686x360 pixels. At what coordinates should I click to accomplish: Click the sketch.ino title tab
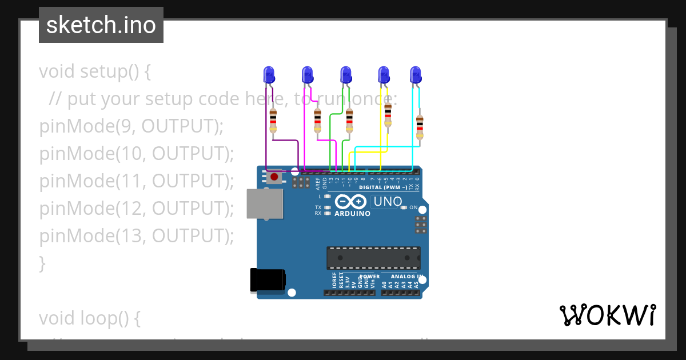(x=101, y=25)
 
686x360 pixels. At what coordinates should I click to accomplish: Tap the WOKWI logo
(x=607, y=315)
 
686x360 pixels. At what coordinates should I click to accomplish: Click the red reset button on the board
(x=274, y=177)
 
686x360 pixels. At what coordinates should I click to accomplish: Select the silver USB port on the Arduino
(x=265, y=204)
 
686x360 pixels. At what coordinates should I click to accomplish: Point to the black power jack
(x=268, y=280)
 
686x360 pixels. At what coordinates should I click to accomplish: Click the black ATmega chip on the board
(x=373, y=258)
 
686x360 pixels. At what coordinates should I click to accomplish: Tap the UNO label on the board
(x=387, y=202)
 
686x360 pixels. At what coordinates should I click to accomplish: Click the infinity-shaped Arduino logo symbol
(x=350, y=202)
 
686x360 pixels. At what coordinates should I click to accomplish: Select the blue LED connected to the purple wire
(x=269, y=74)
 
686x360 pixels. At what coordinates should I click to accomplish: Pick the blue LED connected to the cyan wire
(x=416, y=74)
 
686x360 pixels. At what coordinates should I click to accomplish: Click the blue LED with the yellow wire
(x=384, y=74)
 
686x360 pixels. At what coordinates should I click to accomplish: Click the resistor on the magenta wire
(x=317, y=121)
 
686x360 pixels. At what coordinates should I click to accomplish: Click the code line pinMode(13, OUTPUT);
(x=137, y=235)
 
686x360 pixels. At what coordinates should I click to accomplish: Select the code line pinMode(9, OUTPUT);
(x=131, y=126)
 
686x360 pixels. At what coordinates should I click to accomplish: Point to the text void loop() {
(x=89, y=318)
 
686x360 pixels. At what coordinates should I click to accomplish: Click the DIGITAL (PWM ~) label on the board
(x=383, y=187)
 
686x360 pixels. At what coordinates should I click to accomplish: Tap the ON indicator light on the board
(x=404, y=207)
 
